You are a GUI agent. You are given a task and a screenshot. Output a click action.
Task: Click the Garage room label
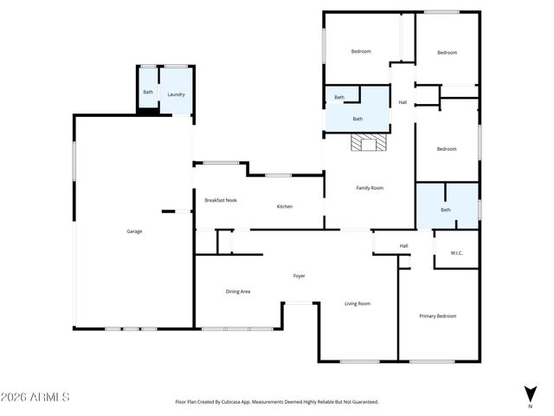(x=134, y=231)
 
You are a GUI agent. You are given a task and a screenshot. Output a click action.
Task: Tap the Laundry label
(x=176, y=94)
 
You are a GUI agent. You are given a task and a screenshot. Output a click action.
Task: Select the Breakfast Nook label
(x=221, y=200)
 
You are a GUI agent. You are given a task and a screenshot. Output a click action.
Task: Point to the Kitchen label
(x=285, y=206)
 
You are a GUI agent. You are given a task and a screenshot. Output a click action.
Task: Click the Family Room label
(x=370, y=188)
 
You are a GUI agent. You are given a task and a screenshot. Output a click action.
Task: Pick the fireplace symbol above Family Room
(x=369, y=144)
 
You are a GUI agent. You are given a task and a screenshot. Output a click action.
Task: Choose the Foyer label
(x=299, y=276)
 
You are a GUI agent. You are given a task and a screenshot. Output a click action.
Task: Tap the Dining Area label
(x=238, y=291)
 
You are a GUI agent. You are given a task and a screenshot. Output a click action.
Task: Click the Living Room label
(x=358, y=303)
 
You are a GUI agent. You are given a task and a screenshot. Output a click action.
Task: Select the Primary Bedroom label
(x=437, y=316)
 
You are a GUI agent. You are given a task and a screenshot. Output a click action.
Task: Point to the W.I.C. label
(x=456, y=253)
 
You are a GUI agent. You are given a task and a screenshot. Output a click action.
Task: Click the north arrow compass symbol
(x=530, y=394)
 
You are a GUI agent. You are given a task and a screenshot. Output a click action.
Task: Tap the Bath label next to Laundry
(x=148, y=93)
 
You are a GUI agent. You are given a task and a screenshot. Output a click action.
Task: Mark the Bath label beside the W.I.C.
(x=446, y=210)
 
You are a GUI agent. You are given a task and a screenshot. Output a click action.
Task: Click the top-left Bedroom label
(x=361, y=52)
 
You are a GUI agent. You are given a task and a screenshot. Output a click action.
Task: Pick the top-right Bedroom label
(x=447, y=53)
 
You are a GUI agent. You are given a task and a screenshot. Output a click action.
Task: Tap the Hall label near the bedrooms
(x=403, y=103)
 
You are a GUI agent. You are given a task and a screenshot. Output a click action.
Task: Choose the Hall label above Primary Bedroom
(x=403, y=246)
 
